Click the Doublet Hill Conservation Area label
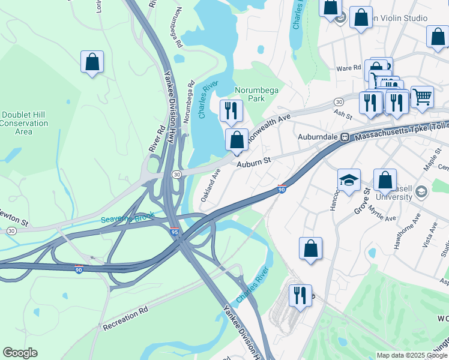coord(24,123)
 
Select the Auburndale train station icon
coord(345,137)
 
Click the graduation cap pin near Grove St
coord(349,179)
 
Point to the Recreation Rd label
coord(125,319)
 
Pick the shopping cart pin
coord(422,96)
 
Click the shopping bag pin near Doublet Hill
coord(92,62)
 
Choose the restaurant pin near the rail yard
coord(300,295)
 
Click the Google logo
coord(20,353)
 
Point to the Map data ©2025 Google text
coord(411,355)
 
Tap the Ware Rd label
coord(349,68)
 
